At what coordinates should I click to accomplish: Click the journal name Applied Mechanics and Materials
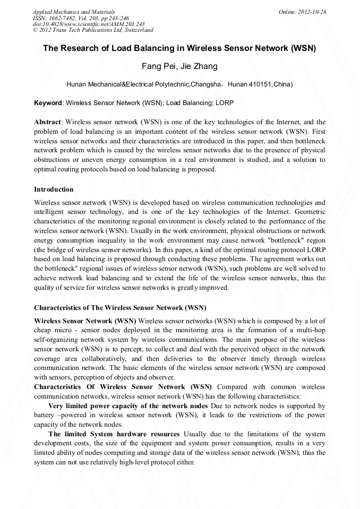(74, 12)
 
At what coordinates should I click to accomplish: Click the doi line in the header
(89, 24)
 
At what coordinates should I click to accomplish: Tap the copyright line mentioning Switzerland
(93, 30)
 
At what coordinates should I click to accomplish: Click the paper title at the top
(179, 48)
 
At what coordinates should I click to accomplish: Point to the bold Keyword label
(48, 102)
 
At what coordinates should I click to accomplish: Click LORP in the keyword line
(225, 102)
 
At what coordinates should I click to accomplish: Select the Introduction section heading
(54, 189)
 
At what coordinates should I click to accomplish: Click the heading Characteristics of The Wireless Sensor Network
(120, 308)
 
